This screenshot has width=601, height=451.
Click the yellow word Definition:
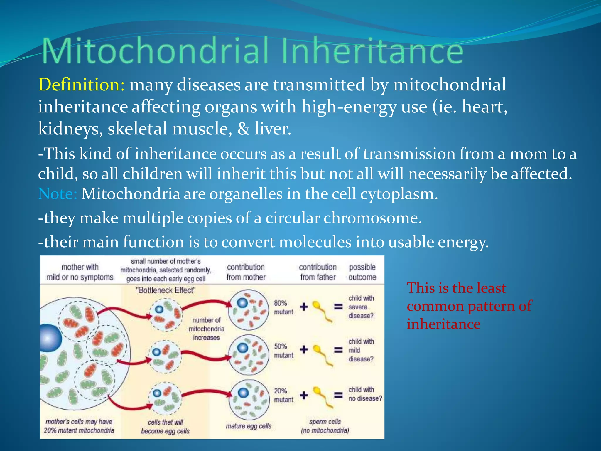pyautogui.click(x=82, y=85)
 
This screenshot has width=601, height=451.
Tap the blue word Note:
pyautogui.click(x=58, y=194)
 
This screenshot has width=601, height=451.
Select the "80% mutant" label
pyautogui.click(x=283, y=307)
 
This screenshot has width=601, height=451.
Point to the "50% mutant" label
pyautogui.click(x=283, y=351)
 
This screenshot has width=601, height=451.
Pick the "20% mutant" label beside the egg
pyautogui.click(x=283, y=395)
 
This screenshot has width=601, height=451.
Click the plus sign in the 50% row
pyautogui.click(x=304, y=349)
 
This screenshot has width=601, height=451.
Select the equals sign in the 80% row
pyautogui.click(x=338, y=307)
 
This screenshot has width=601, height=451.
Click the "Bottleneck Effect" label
pyautogui.click(x=166, y=290)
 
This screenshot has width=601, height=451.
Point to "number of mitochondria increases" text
pyautogui.click(x=206, y=329)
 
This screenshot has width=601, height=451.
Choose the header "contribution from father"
pyautogui.click(x=318, y=272)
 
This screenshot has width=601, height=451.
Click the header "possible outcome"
pyautogui.click(x=362, y=272)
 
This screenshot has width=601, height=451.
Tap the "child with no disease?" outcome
pyautogui.click(x=365, y=394)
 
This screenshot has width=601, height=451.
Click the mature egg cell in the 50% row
pyautogui.click(x=249, y=355)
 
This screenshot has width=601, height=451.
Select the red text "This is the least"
pyautogui.click(x=456, y=288)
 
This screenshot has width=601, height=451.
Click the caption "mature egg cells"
pyautogui.click(x=248, y=426)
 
